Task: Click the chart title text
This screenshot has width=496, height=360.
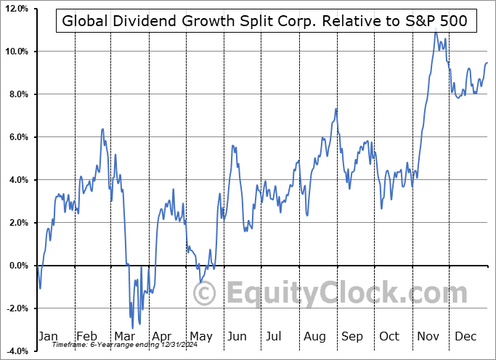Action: (267, 21)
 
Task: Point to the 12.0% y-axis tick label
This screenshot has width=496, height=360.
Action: (15, 9)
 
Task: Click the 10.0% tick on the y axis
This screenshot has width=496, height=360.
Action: (15, 52)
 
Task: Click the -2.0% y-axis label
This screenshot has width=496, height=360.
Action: (15, 308)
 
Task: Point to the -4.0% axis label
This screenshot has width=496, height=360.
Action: (15, 351)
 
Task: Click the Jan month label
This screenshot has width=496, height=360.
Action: (47, 336)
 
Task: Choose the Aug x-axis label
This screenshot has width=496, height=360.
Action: (314, 336)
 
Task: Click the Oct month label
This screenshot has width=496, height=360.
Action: (389, 336)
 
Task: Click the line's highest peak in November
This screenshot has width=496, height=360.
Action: (436, 32)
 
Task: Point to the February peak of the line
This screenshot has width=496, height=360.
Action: (102, 129)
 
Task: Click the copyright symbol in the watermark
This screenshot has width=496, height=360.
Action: (205, 293)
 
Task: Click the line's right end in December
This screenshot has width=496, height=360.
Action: (487, 63)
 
